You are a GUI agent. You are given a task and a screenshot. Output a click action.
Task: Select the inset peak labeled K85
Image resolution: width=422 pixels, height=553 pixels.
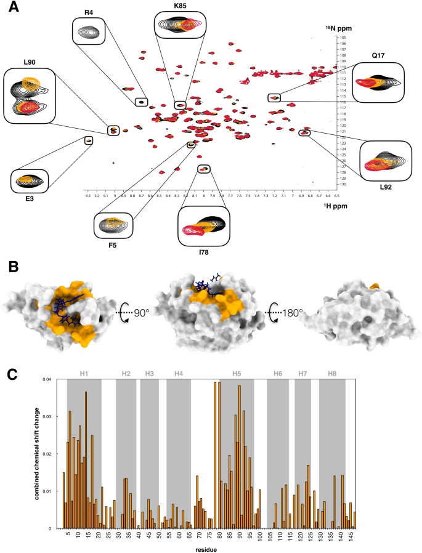(179, 25)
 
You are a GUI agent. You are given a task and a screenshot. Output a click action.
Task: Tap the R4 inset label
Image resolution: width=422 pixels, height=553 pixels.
(89, 12)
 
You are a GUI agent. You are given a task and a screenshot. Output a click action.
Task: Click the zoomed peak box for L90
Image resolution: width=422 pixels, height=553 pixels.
(30, 95)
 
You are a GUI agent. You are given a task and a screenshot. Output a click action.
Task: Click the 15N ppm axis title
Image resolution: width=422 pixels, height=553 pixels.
(338, 29)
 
